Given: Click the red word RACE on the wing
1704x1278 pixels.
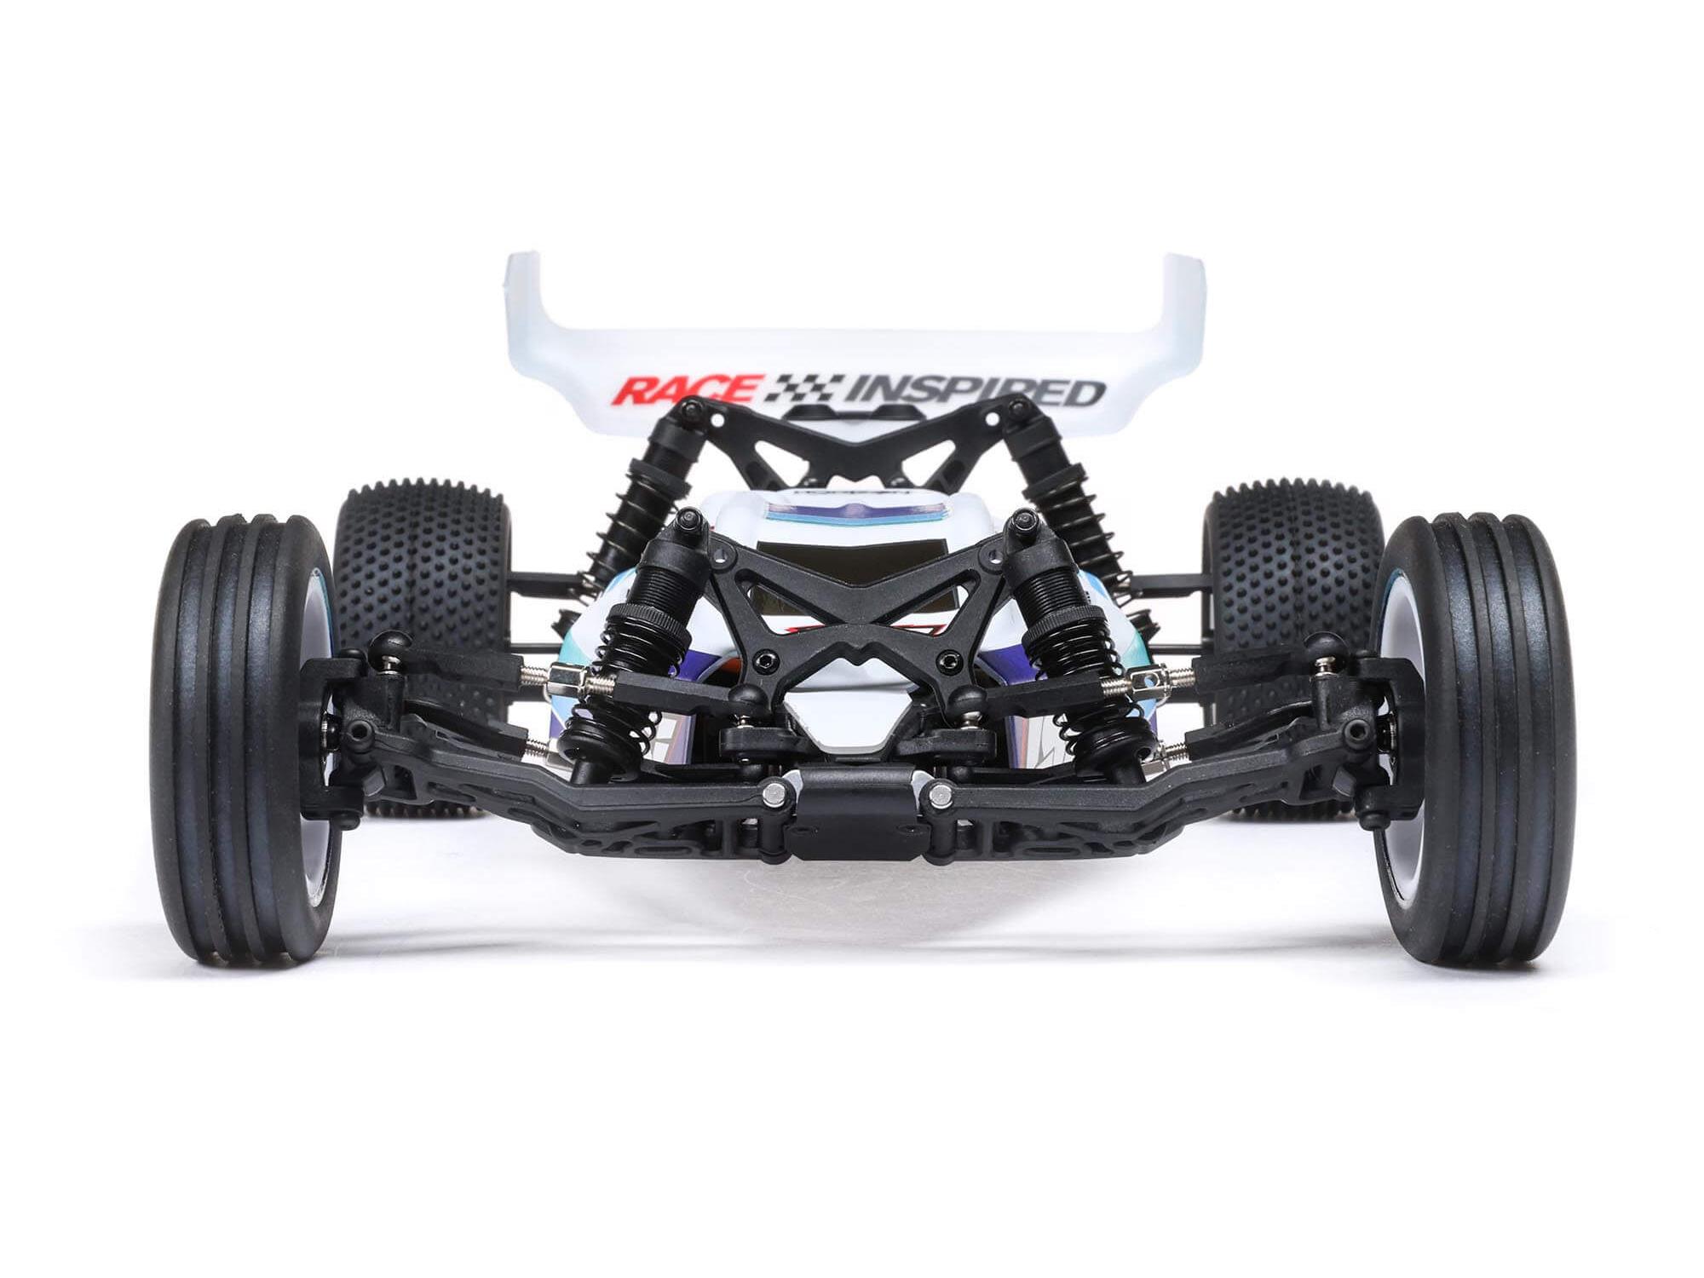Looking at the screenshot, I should click(x=686, y=390).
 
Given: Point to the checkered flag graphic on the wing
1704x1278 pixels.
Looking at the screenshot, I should click(x=801, y=389).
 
